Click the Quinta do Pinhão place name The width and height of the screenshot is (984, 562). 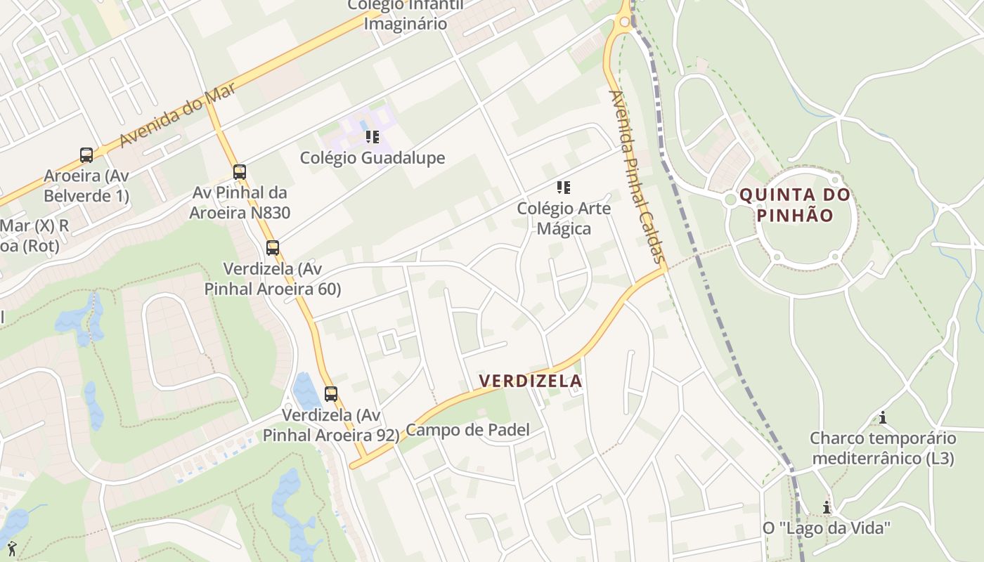click(796, 205)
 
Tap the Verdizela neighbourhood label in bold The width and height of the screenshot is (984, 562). click(531, 381)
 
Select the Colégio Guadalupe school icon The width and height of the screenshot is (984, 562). click(372, 137)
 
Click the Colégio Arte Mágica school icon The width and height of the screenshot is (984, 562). click(563, 188)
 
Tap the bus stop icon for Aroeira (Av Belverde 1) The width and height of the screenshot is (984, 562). click(86, 155)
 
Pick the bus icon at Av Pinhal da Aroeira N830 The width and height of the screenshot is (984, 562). click(240, 172)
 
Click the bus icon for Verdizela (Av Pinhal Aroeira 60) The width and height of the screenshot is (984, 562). click(273, 248)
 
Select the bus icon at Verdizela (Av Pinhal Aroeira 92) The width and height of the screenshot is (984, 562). click(331, 394)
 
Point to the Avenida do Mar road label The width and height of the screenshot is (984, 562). click(177, 113)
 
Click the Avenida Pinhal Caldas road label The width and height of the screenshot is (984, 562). click(637, 176)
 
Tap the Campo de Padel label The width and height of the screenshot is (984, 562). click(468, 430)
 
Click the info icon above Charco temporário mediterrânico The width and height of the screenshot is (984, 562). click(883, 418)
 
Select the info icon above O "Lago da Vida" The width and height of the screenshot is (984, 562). click(827, 507)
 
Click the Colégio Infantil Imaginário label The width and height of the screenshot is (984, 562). click(406, 15)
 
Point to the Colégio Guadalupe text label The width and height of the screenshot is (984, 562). click(373, 158)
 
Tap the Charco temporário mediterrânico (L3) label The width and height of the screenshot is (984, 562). click(883, 448)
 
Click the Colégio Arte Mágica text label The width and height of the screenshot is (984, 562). click(564, 218)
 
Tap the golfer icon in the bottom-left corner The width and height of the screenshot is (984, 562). click(11, 548)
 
